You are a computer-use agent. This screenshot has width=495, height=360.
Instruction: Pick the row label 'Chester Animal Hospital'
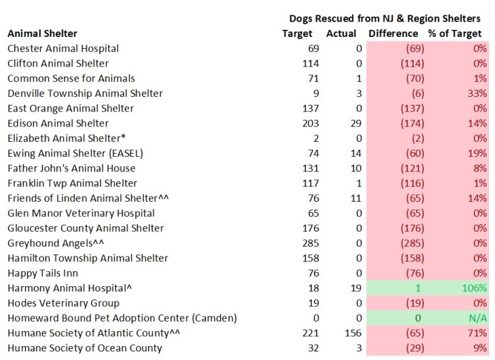click(63, 48)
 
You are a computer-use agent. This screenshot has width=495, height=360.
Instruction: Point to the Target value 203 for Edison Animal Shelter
click(310, 123)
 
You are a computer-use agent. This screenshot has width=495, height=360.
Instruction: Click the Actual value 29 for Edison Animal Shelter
click(349, 123)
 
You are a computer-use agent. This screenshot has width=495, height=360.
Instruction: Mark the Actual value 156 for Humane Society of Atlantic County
click(347, 333)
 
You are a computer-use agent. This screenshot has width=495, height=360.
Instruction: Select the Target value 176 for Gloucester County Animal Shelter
click(310, 228)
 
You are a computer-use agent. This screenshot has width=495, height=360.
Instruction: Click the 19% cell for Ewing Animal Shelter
click(478, 154)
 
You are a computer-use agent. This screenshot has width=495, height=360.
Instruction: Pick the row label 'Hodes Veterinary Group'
click(63, 303)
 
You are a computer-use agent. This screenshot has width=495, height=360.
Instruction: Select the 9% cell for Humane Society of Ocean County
click(480, 348)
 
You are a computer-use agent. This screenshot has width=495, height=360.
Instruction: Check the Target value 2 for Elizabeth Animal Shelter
click(315, 138)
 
